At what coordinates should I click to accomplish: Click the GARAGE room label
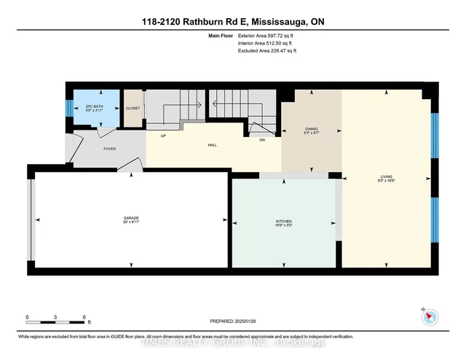pos(131,217)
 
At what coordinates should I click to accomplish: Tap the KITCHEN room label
pos(284,220)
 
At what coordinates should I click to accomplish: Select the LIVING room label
pos(386,176)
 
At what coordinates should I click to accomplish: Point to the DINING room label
pos(311,128)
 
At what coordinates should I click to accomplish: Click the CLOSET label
pos(133,108)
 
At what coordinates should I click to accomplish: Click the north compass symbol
pos(428,316)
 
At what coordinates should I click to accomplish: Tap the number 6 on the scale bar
pos(84,318)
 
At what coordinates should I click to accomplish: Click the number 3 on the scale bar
pos(56,318)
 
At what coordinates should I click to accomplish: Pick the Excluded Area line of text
pos(267,51)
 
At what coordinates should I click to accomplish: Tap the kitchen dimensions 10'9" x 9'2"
pos(284,225)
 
